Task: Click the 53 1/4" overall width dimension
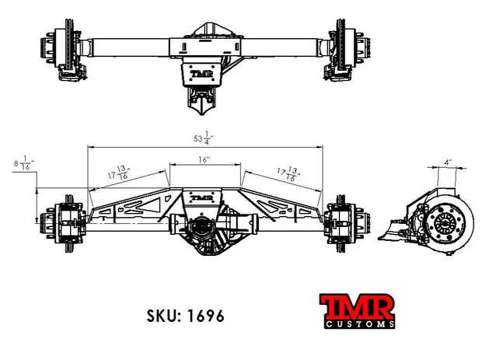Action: (204, 138)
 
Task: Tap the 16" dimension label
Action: (204, 160)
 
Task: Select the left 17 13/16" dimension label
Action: (119, 173)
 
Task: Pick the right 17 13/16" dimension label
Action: (289, 173)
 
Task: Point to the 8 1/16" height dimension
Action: (24, 163)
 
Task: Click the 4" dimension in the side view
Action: (448, 162)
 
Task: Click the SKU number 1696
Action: (206, 316)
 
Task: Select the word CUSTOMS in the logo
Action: (360, 324)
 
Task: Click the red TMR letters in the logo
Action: (357, 307)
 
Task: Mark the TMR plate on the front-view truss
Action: (201, 198)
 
